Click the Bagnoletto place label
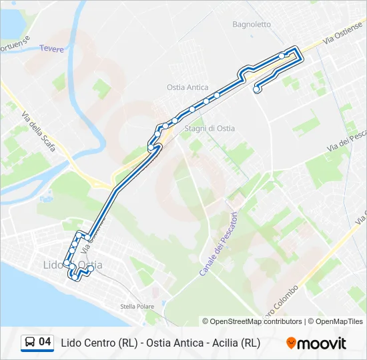coord(252,25)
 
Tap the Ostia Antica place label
coord(188,87)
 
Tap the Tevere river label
coord(51,49)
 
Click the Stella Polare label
coord(137,307)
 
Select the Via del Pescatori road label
coord(347,141)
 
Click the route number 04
coord(45,343)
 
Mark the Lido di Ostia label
coord(73,265)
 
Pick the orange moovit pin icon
coord(291,343)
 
